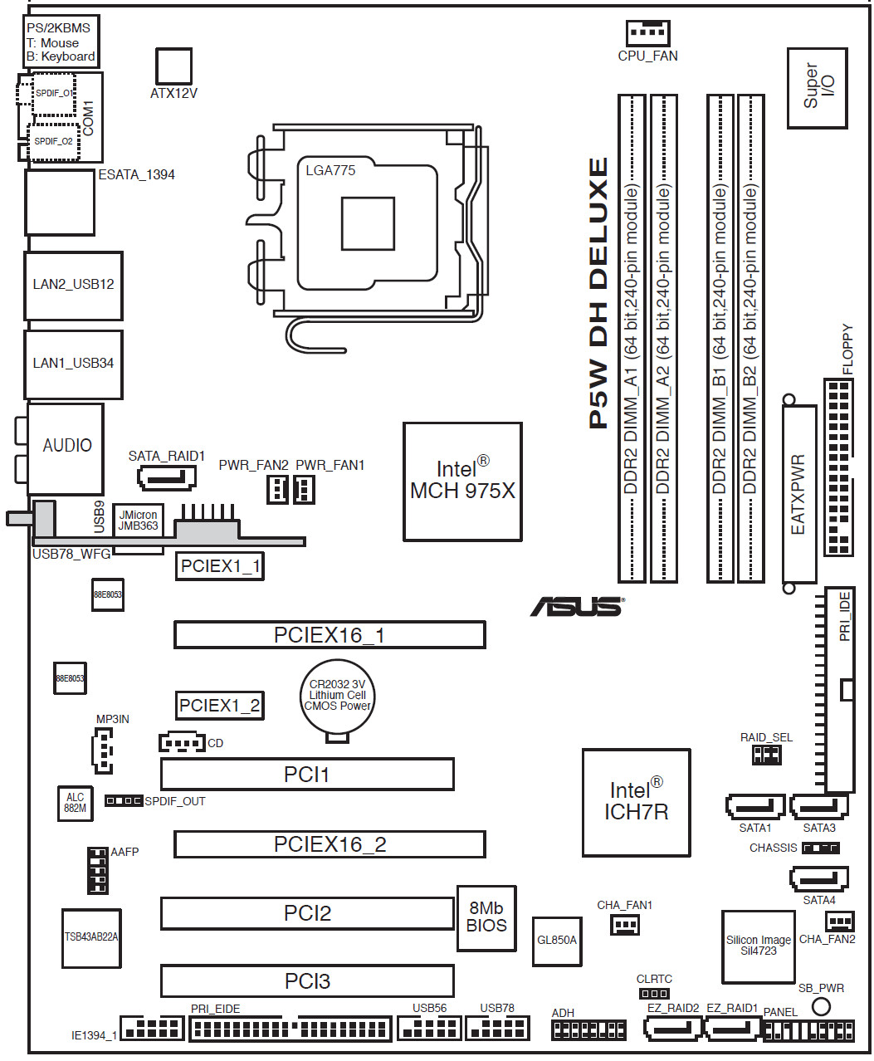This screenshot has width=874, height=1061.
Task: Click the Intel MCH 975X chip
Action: click(x=462, y=482)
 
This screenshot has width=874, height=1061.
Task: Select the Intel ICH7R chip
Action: click(x=636, y=802)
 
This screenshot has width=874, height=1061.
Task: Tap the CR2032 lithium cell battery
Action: click(x=337, y=696)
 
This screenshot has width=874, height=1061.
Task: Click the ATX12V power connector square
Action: click(x=173, y=66)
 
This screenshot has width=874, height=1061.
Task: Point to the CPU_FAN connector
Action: click(x=647, y=32)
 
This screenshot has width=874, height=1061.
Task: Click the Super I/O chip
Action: click(x=817, y=87)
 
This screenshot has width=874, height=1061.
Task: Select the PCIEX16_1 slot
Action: click(x=330, y=635)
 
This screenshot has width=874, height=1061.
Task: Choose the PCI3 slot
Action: click(x=307, y=980)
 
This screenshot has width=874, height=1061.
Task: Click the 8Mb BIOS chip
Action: click(x=486, y=917)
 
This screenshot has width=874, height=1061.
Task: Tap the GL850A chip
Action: click(x=556, y=941)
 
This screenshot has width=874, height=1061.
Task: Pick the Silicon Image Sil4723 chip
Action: click(x=758, y=946)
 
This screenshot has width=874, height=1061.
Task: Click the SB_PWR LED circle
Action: click(x=821, y=1006)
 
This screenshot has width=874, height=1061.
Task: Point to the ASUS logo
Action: click(x=577, y=607)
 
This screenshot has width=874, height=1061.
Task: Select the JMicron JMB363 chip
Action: click(x=138, y=521)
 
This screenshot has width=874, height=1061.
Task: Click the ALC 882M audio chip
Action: click(x=75, y=803)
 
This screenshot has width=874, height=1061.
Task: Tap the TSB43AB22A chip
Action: click(x=90, y=937)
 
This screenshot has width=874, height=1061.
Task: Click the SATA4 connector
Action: click(x=818, y=878)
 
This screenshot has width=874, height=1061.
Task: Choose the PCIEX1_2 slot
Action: click(x=219, y=706)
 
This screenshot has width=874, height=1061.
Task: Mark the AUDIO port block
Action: click(x=66, y=448)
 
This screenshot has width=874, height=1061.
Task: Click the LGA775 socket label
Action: click(x=330, y=170)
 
